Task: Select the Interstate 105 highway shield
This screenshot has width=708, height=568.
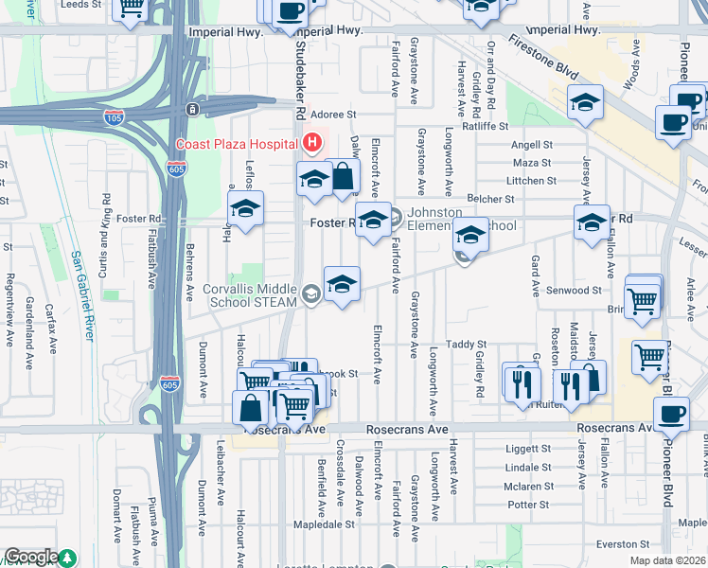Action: pos(114,116)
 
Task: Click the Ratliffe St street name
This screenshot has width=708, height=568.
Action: pos(485,126)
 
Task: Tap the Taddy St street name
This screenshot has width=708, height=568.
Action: pos(466,345)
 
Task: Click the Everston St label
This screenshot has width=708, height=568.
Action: pos(621,543)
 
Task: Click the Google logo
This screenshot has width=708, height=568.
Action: pos(31,557)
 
